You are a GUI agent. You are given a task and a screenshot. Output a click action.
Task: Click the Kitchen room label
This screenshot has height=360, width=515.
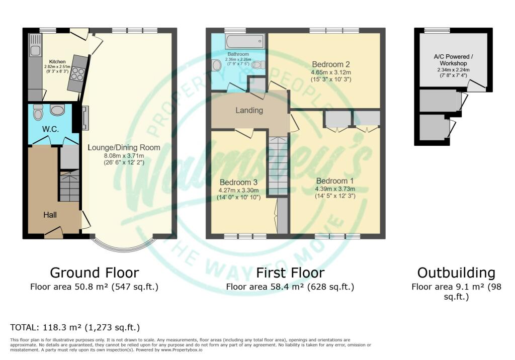57,61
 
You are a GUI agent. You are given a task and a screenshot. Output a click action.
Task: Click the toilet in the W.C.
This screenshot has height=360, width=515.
38,113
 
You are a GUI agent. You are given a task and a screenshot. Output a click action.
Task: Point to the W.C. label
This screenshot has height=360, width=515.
50,129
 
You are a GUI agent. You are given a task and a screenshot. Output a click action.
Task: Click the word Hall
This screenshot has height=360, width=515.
50,215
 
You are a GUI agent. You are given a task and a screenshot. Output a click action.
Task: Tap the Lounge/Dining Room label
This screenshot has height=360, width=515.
124,147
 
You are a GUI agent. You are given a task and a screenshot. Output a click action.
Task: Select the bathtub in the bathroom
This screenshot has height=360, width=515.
245,41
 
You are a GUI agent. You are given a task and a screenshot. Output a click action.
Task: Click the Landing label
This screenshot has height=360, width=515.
249,110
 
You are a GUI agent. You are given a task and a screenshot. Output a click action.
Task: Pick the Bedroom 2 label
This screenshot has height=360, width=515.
331,64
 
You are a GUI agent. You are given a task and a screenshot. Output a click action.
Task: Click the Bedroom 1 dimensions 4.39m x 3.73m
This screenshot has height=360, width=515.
335,189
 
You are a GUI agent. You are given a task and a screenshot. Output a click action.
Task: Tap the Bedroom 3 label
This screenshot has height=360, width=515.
238,183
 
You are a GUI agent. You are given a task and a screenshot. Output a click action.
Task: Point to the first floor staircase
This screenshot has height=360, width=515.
278,166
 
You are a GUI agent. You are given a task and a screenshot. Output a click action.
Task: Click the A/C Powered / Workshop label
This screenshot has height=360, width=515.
453,60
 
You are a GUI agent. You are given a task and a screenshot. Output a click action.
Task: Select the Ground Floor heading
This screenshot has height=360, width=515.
94,273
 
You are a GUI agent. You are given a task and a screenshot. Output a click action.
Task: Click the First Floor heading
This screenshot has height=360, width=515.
290,273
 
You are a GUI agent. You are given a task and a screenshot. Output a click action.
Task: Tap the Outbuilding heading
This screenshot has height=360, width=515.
456,273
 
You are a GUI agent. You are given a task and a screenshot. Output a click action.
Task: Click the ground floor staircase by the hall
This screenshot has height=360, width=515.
69,186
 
